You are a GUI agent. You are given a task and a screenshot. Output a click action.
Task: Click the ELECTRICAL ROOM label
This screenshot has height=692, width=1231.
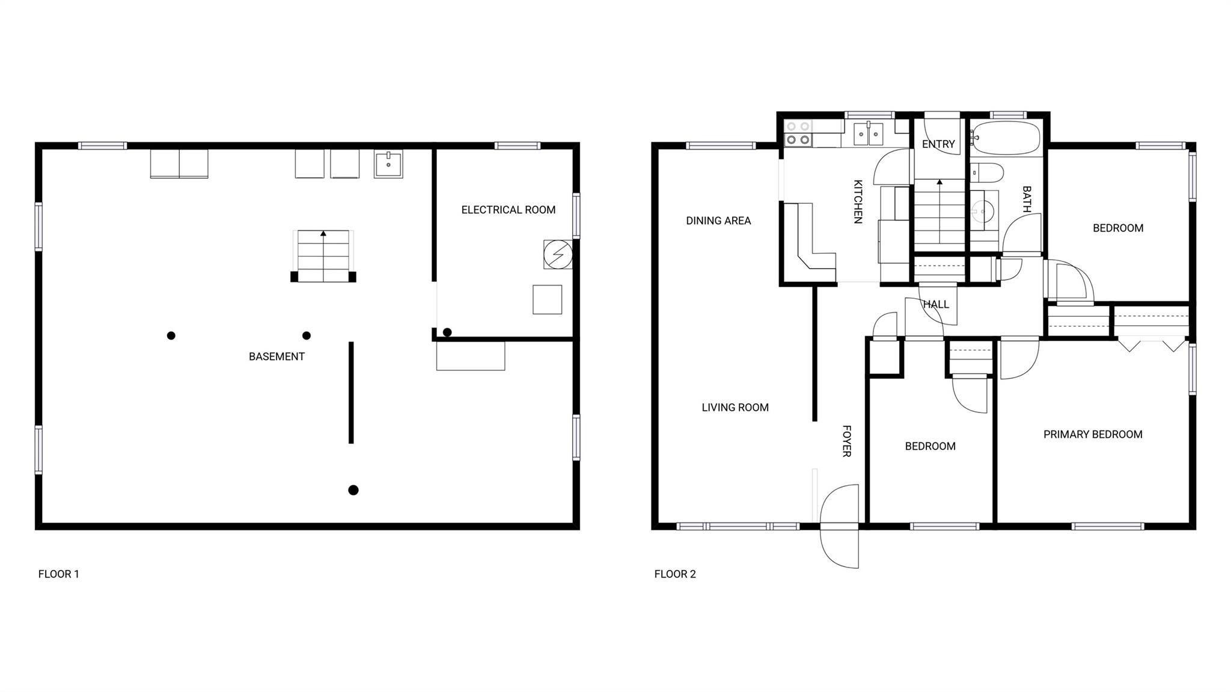pos(508,210)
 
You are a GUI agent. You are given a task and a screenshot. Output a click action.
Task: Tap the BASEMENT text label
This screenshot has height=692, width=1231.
pos(276,357)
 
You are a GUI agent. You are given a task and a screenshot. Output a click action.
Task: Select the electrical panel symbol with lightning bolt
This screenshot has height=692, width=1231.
pos(558,254)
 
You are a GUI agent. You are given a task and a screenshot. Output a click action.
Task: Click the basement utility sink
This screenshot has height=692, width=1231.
pos(388,164)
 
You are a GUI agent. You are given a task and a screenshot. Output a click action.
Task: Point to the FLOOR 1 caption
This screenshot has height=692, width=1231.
pos(59,574)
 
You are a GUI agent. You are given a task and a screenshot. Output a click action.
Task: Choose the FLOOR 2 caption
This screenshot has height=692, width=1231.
pos(675,574)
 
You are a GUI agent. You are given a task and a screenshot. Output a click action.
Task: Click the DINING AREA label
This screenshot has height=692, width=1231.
pos(718,221)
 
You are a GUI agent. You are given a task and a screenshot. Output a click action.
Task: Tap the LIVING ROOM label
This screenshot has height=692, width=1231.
pos(735,408)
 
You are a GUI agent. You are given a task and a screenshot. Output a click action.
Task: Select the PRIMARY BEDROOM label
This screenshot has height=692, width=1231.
pos(1093,435)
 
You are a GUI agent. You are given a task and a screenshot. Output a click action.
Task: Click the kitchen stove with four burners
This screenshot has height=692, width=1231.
pos(798,133)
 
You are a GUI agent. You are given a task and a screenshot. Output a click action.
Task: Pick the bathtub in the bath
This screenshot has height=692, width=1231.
pos(1006,138)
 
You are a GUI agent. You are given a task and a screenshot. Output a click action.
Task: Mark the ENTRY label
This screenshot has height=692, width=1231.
pos(938,144)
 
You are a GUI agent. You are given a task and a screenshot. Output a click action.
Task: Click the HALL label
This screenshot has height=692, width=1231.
pos(936,305)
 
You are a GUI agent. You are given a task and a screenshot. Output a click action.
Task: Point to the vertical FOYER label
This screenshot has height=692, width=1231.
pos(846,441)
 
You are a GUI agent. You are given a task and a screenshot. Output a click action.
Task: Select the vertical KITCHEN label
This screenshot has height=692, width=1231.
pos(858,202)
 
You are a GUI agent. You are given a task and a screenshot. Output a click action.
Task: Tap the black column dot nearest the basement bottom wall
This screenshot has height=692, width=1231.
pos(353,490)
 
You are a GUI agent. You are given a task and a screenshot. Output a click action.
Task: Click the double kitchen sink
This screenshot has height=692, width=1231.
pos(869,133)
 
